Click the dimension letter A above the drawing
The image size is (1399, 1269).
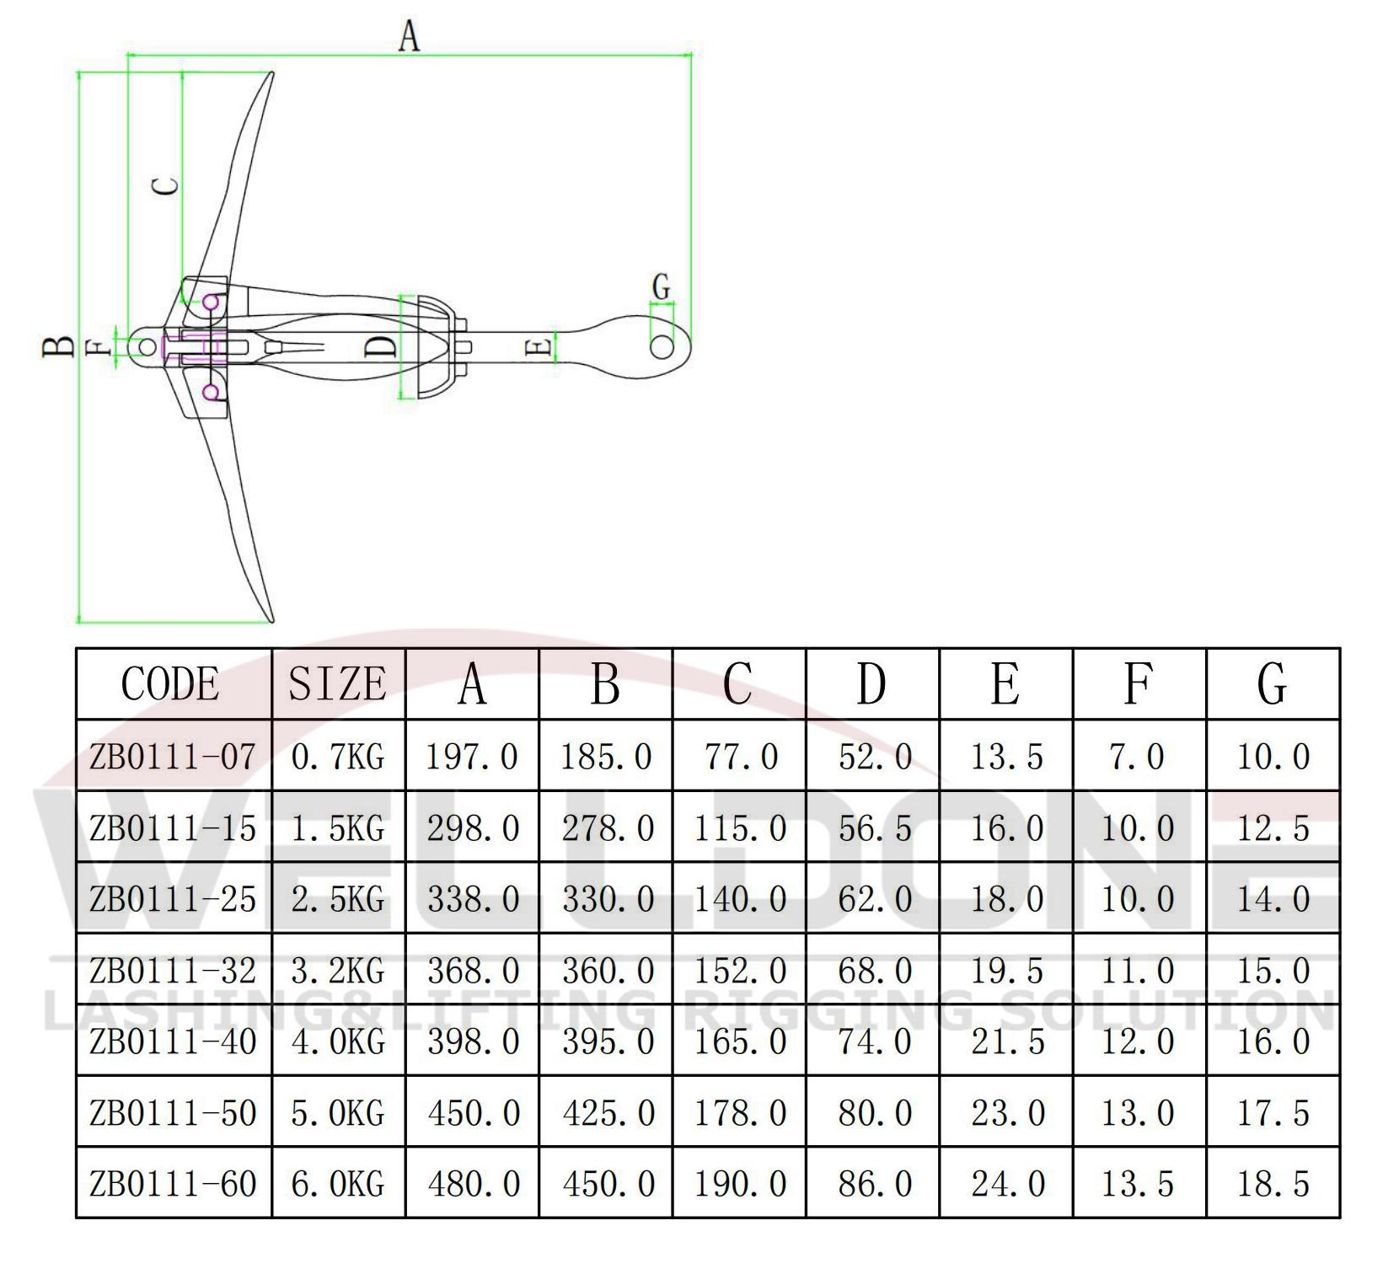[x=409, y=37]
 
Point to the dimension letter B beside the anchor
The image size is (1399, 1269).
[x=58, y=346]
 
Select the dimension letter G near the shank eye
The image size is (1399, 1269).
[x=662, y=286]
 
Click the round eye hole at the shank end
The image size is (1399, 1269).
[x=662, y=346]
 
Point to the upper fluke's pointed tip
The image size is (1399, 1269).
[x=271, y=74]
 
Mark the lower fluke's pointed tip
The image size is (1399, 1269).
[x=271, y=621]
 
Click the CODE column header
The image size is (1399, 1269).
[x=170, y=683]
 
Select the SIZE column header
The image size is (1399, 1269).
[x=337, y=683]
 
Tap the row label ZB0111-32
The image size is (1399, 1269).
[x=173, y=971]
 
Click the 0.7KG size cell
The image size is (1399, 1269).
[x=337, y=757]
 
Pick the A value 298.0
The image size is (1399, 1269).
[x=473, y=828]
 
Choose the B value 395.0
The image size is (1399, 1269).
[x=608, y=1042]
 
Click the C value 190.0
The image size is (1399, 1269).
[x=740, y=1184]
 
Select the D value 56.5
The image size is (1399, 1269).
[x=875, y=828]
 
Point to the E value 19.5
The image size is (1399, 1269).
[x=1007, y=971]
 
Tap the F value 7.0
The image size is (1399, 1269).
[x=1138, y=757]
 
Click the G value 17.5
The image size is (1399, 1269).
[x=1273, y=1113]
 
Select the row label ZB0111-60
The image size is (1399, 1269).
[x=173, y=1184]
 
